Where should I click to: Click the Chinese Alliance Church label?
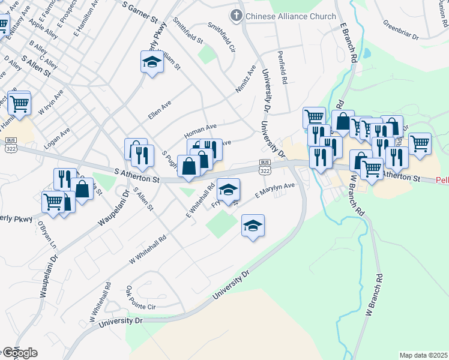(x=291, y=16)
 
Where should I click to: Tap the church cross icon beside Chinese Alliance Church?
(x=237, y=16)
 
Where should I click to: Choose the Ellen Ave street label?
(x=160, y=109)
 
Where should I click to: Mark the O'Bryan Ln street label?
(x=46, y=236)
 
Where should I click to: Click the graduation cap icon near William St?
(x=152, y=61)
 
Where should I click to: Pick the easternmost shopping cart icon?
(x=420, y=143)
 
